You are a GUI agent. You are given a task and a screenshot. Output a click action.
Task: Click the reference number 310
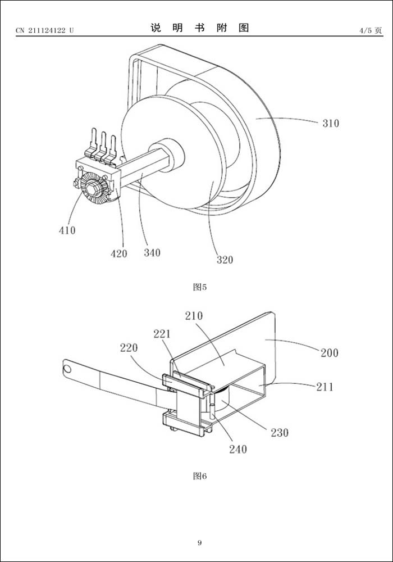(x=330, y=123)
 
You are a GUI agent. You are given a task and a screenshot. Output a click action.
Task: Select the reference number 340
(x=152, y=252)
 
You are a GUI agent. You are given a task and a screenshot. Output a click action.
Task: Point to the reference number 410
(x=66, y=230)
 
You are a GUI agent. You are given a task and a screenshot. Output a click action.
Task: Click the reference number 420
(x=118, y=253)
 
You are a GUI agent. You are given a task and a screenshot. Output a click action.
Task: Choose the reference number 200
(x=330, y=353)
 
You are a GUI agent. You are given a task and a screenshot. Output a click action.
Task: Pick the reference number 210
(x=194, y=316)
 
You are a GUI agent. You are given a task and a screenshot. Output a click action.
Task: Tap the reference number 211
(x=324, y=387)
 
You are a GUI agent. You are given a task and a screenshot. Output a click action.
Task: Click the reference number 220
(x=129, y=348)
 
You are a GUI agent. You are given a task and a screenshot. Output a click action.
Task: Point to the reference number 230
(x=279, y=432)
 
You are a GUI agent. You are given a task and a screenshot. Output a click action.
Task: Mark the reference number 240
(x=237, y=449)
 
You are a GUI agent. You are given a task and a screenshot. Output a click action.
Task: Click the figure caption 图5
(x=200, y=287)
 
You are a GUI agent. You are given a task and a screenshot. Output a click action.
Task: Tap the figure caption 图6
(x=200, y=476)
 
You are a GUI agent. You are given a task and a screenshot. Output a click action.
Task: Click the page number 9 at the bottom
(x=199, y=542)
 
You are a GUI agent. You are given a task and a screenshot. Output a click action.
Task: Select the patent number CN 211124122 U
(x=44, y=30)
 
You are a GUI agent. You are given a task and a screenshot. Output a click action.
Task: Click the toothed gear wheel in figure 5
(x=90, y=188)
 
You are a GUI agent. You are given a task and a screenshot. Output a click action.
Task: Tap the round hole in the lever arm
(x=68, y=369)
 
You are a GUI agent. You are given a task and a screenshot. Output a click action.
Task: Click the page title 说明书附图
(x=199, y=28)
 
